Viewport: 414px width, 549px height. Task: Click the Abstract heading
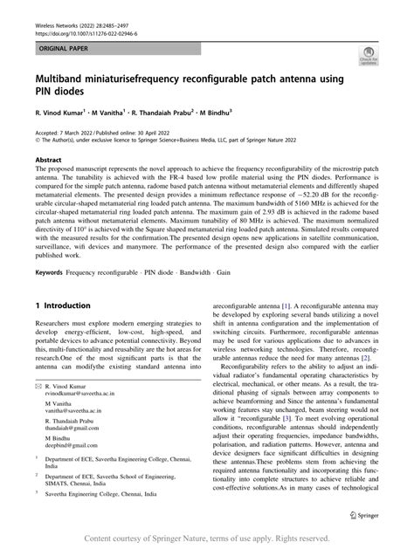pyautogui.click(x=48, y=161)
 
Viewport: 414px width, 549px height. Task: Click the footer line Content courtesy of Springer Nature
pyautogui.click(x=206, y=539)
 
